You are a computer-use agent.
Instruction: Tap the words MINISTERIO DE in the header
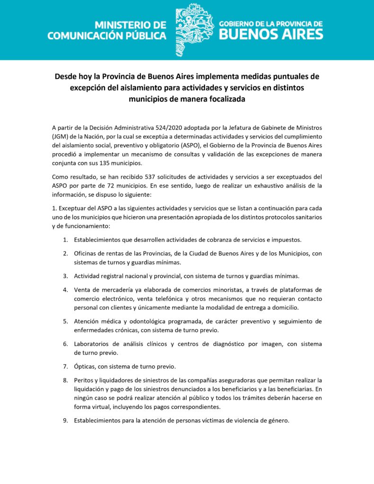click(130, 25)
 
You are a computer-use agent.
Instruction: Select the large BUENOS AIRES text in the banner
click(270, 34)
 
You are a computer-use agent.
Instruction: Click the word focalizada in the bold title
click(222, 99)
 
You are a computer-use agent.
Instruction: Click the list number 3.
click(65, 276)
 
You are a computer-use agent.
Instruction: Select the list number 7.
click(65, 367)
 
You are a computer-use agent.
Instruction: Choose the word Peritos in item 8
click(84, 380)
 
